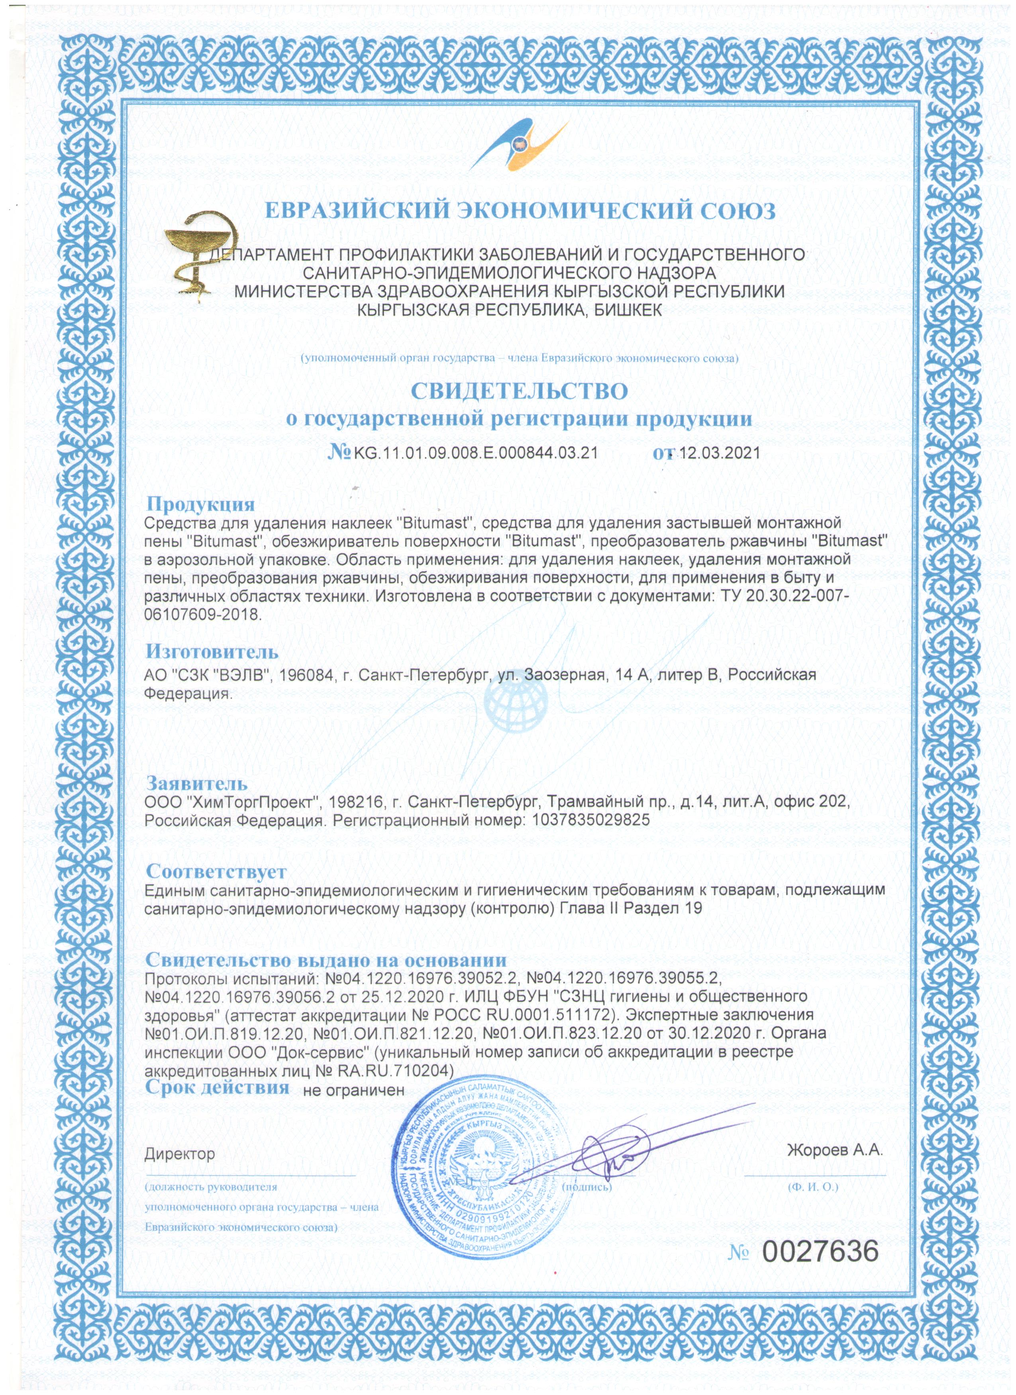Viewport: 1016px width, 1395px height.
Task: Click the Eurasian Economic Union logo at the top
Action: [518, 143]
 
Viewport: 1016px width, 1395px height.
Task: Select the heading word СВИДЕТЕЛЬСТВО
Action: [520, 391]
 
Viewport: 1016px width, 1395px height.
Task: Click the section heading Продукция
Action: [200, 504]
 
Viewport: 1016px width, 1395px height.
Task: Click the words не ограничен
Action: [354, 1090]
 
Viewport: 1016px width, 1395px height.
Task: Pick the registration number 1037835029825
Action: [586, 820]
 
